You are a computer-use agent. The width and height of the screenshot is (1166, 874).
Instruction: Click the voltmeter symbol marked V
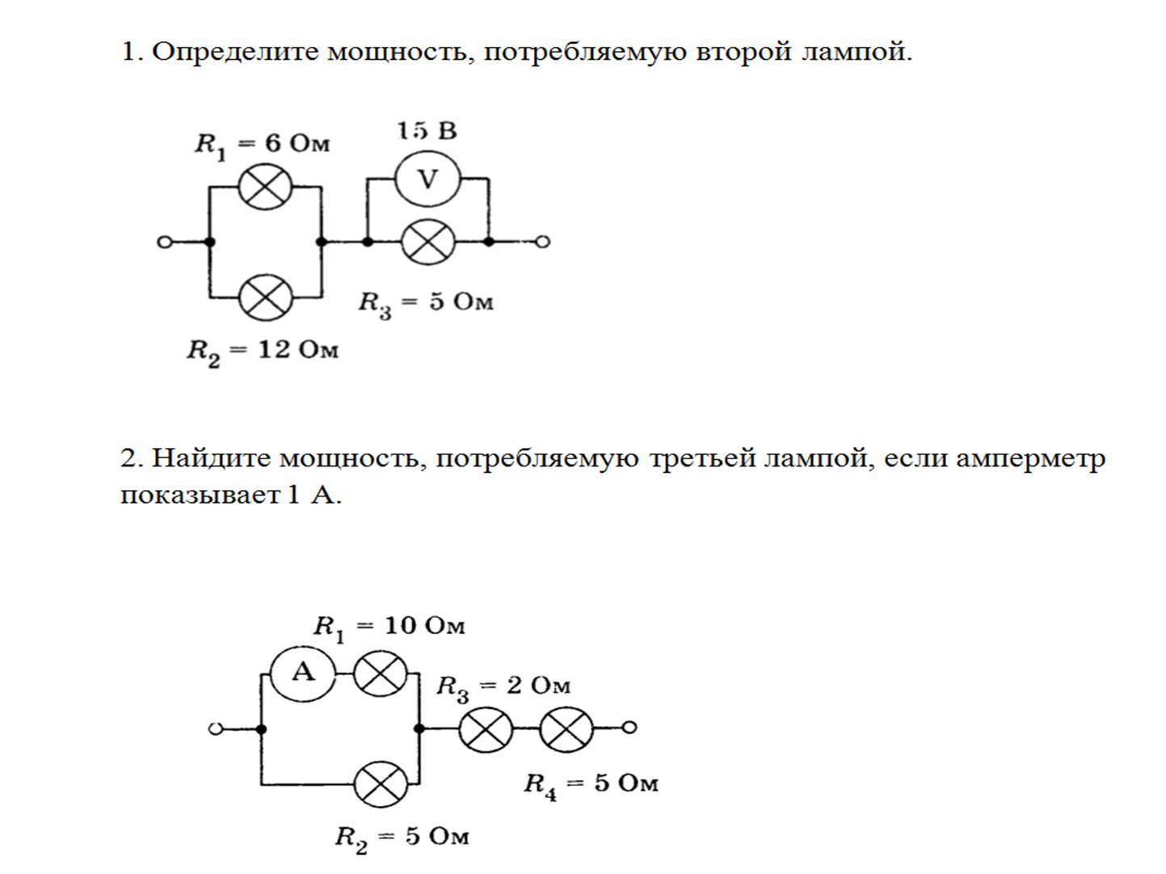pyautogui.click(x=427, y=179)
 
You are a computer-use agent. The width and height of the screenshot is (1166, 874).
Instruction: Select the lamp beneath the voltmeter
pyautogui.click(x=427, y=242)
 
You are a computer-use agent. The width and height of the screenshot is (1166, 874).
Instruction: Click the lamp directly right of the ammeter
pyautogui.click(x=381, y=673)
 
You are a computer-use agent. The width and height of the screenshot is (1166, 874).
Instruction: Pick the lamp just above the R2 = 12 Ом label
pyautogui.click(x=265, y=298)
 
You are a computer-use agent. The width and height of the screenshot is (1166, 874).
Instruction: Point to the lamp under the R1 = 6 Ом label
pyautogui.click(x=265, y=187)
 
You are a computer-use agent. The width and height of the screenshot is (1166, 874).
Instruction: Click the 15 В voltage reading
pyautogui.click(x=427, y=131)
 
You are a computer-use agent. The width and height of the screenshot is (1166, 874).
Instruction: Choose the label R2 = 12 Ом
pyautogui.click(x=263, y=352)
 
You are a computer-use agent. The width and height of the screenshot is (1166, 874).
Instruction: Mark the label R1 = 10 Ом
pyautogui.click(x=389, y=627)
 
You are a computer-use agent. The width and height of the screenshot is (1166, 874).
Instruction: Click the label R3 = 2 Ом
pyautogui.click(x=503, y=687)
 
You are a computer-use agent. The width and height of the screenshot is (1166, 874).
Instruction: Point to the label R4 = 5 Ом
pyautogui.click(x=591, y=784)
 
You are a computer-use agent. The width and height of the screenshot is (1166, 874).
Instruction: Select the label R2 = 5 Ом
pyautogui.click(x=402, y=837)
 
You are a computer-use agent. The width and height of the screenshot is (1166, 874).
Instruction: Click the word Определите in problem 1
pyautogui.click(x=235, y=53)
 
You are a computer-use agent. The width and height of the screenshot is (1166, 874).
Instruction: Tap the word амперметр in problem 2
pyautogui.click(x=1029, y=459)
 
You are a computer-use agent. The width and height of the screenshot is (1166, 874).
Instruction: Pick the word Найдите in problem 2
pyautogui.click(x=211, y=459)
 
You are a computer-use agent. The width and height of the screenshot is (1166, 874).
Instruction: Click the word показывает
pyautogui.click(x=200, y=495)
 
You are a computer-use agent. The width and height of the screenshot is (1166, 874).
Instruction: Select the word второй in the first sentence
pyautogui.click(x=741, y=53)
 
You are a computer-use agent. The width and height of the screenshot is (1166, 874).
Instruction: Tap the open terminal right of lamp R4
pyautogui.click(x=630, y=728)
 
